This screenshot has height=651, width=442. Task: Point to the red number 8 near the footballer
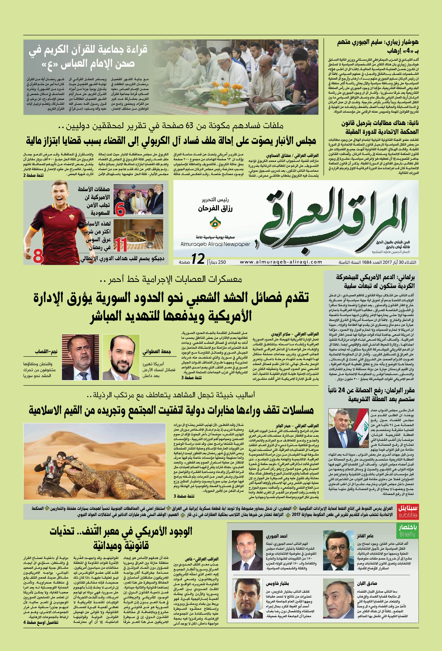tap(38, 256)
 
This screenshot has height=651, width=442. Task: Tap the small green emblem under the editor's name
tap(215, 223)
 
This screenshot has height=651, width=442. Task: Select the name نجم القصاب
tap(46, 352)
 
